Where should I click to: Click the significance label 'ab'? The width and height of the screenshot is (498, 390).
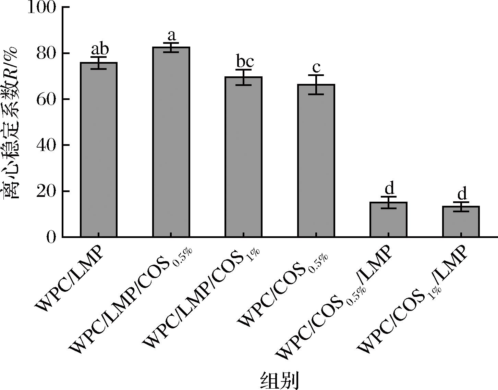click(99, 49)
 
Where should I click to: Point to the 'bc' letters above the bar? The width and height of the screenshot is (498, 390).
click(245, 62)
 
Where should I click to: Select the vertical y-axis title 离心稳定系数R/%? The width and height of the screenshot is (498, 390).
click(12, 123)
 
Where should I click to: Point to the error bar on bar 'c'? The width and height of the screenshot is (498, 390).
click(316, 84)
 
